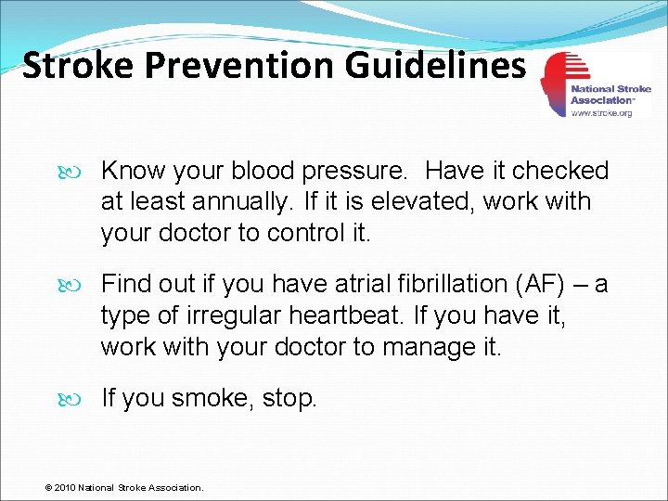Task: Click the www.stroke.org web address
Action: pyautogui.click(x=601, y=112)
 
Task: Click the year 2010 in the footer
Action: pyautogui.click(x=64, y=487)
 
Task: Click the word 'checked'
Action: pyautogui.click(x=560, y=171)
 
